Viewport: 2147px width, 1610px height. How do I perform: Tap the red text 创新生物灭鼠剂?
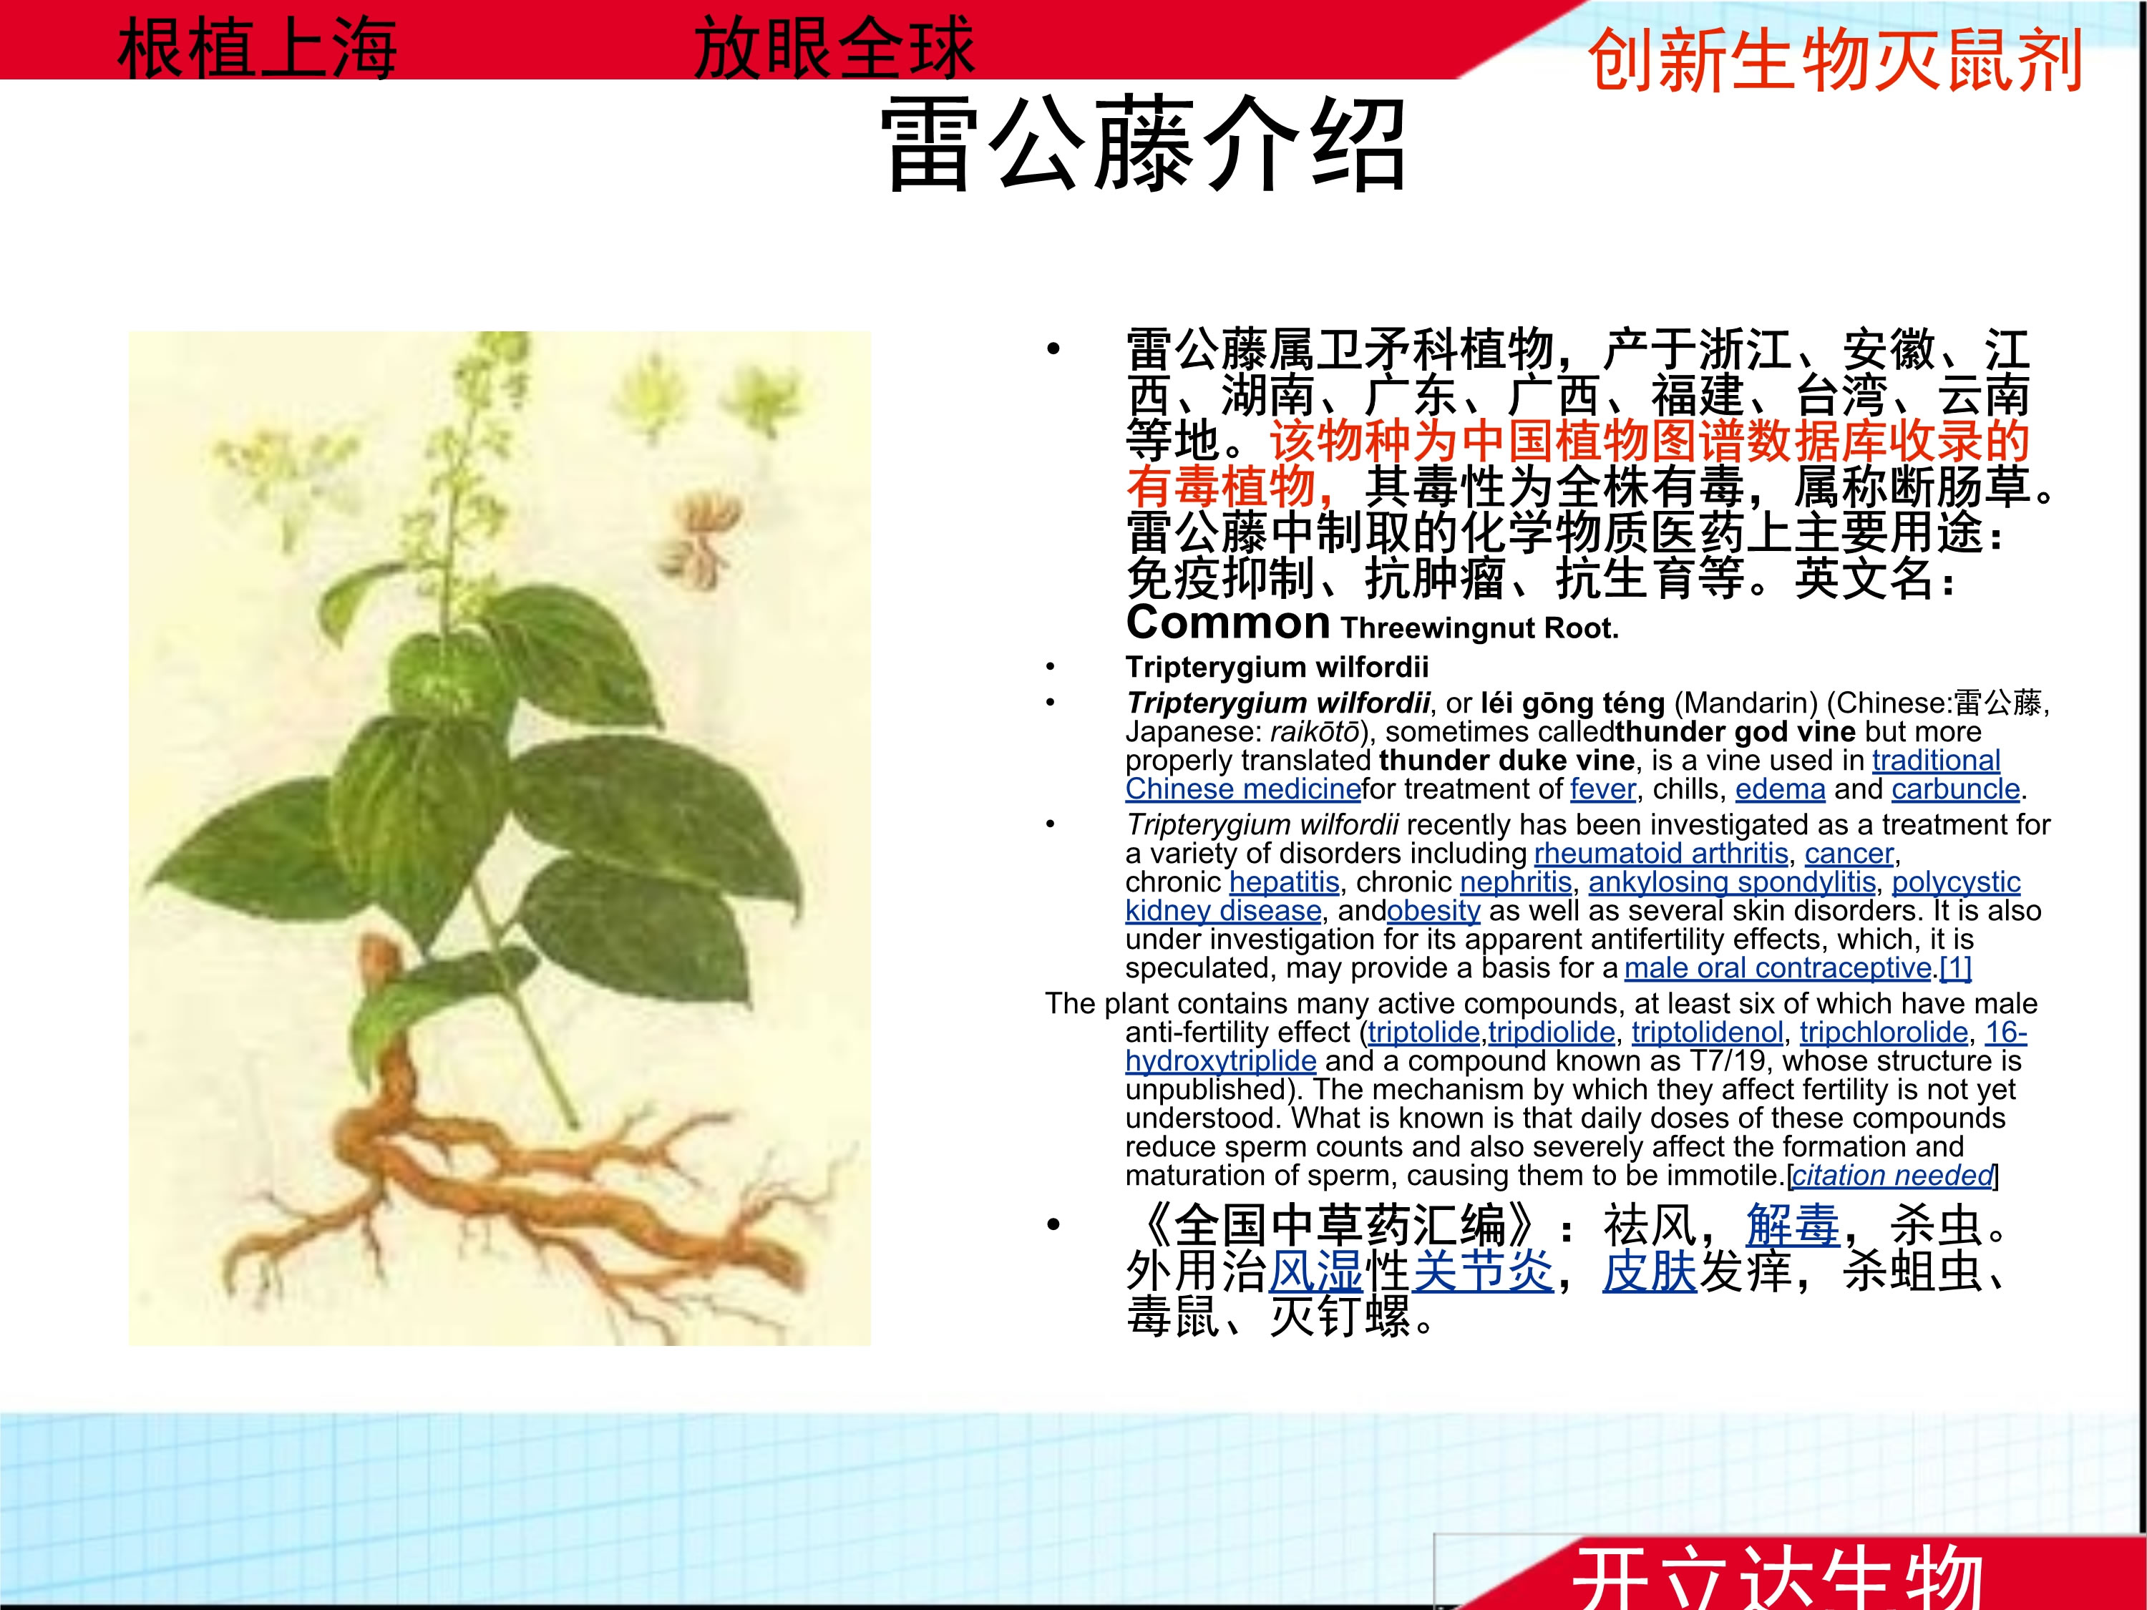click(1834, 60)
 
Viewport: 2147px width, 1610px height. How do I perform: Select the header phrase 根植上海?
click(257, 49)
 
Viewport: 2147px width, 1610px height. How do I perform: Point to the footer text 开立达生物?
click(1776, 1577)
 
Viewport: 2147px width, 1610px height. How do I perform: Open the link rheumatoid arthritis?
click(1661, 854)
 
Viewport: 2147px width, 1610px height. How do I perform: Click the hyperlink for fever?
click(1602, 789)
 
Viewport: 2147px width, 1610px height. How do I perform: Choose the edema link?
click(1780, 789)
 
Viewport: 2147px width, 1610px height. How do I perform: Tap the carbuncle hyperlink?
click(1954, 789)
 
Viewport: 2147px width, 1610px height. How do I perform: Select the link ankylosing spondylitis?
click(1732, 882)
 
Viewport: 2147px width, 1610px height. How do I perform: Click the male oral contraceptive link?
click(1777, 967)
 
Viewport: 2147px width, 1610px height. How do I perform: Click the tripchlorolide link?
click(1883, 1032)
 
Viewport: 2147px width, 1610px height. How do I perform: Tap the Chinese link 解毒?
click(1792, 1226)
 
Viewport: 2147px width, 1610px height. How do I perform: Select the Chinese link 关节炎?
click(1482, 1272)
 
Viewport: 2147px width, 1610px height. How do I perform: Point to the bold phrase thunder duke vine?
click(1506, 760)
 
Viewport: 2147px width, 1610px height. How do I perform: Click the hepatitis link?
click(1283, 882)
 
